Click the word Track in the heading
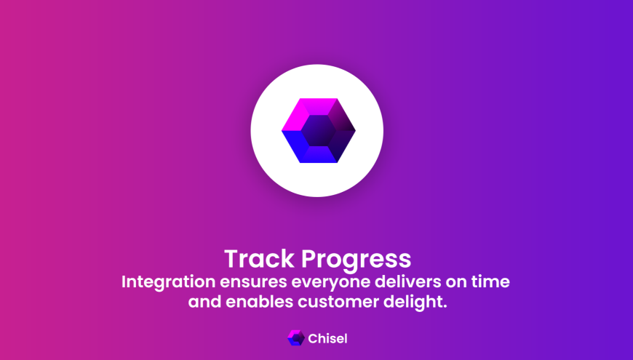click(x=259, y=259)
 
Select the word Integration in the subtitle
click(x=168, y=282)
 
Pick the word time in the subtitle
click(x=490, y=281)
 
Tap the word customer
click(x=338, y=303)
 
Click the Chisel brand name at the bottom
click(x=327, y=339)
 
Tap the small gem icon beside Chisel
click(x=296, y=338)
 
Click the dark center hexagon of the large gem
click(x=319, y=130)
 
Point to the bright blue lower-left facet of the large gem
click(x=296, y=146)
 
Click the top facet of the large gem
click(x=319, y=106)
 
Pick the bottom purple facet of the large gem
click(x=319, y=155)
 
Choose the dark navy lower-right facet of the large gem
click(x=341, y=146)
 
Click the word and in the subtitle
click(x=204, y=302)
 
